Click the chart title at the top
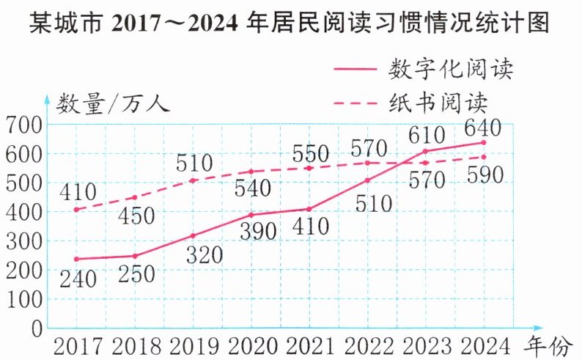coord(290,26)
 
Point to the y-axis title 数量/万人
coord(114,102)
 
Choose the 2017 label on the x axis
coord(76,345)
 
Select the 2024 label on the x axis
coord(483,345)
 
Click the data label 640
coord(482,128)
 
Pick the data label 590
coord(483,176)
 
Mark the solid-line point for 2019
coord(192,235)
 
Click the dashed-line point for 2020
coord(251,172)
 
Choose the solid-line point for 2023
coord(425,151)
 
